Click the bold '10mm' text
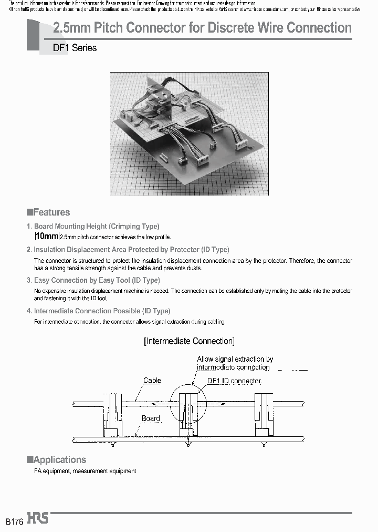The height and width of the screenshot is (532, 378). pyautogui.click(x=47, y=236)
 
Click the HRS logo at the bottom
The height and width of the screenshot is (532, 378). pyautogui.click(x=38, y=518)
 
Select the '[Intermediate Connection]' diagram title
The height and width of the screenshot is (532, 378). pyautogui.click(x=189, y=341)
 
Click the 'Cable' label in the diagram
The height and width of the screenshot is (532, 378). pyautogui.click(x=152, y=380)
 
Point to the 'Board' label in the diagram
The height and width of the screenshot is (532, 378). pyautogui.click(x=151, y=418)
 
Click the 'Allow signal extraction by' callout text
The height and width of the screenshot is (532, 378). pyautogui.click(x=235, y=359)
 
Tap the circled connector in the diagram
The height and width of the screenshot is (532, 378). pyautogui.click(x=188, y=415)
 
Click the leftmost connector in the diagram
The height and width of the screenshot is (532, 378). pyautogui.click(x=112, y=415)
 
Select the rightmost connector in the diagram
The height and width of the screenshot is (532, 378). pyautogui.click(x=262, y=415)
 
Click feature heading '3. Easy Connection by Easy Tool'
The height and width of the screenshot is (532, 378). pyautogui.click(x=93, y=280)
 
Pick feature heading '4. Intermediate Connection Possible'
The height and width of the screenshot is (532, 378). pyautogui.click(x=99, y=311)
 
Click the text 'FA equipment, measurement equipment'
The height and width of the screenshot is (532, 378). pyautogui.click(x=85, y=471)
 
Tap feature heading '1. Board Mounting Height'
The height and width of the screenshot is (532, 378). pyautogui.click(x=93, y=226)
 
